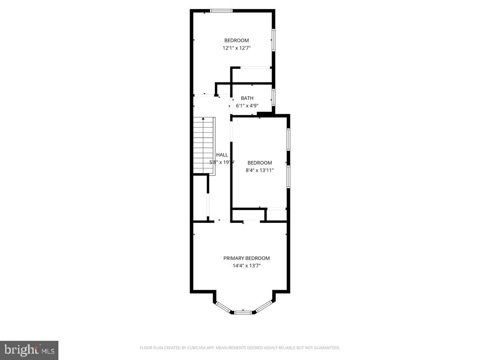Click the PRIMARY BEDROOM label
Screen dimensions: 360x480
click(246, 258)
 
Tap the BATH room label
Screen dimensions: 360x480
click(247, 98)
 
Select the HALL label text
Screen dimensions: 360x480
click(222, 155)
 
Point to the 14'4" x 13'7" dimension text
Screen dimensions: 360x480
click(246, 266)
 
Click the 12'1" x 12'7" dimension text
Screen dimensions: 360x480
click(236, 48)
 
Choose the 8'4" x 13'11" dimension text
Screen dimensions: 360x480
click(260, 170)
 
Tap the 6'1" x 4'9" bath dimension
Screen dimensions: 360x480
click(247, 106)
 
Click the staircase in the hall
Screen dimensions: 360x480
click(204, 146)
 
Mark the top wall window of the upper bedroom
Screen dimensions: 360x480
click(221, 11)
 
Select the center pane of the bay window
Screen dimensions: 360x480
click(242, 312)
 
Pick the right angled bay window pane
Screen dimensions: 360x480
click(263, 306)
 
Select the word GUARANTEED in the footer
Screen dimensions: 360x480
click(326, 348)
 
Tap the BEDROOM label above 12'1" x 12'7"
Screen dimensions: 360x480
click(236, 40)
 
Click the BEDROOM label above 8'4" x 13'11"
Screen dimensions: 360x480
click(260, 163)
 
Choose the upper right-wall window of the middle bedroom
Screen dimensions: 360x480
click(288, 139)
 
